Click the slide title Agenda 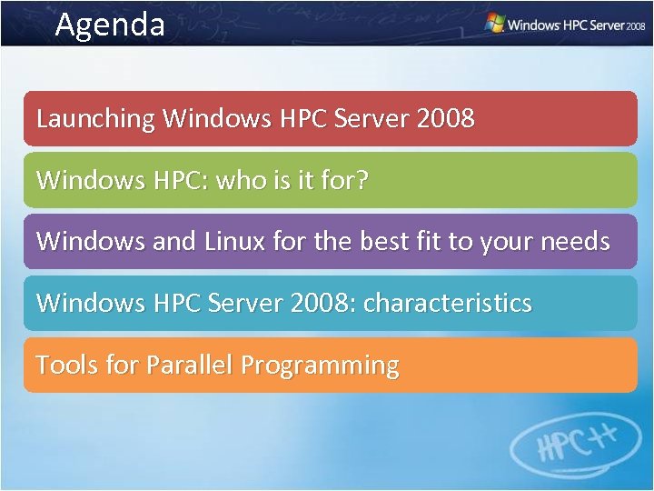tap(110, 24)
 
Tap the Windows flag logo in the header tap(495, 23)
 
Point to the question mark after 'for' tap(362, 179)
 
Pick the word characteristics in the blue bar tap(448, 303)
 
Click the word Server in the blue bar tap(246, 303)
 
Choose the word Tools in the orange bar tap(67, 365)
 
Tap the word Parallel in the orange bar tap(189, 365)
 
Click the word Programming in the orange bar tap(320, 366)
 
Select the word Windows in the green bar tap(87, 179)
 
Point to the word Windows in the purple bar tap(87, 241)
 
